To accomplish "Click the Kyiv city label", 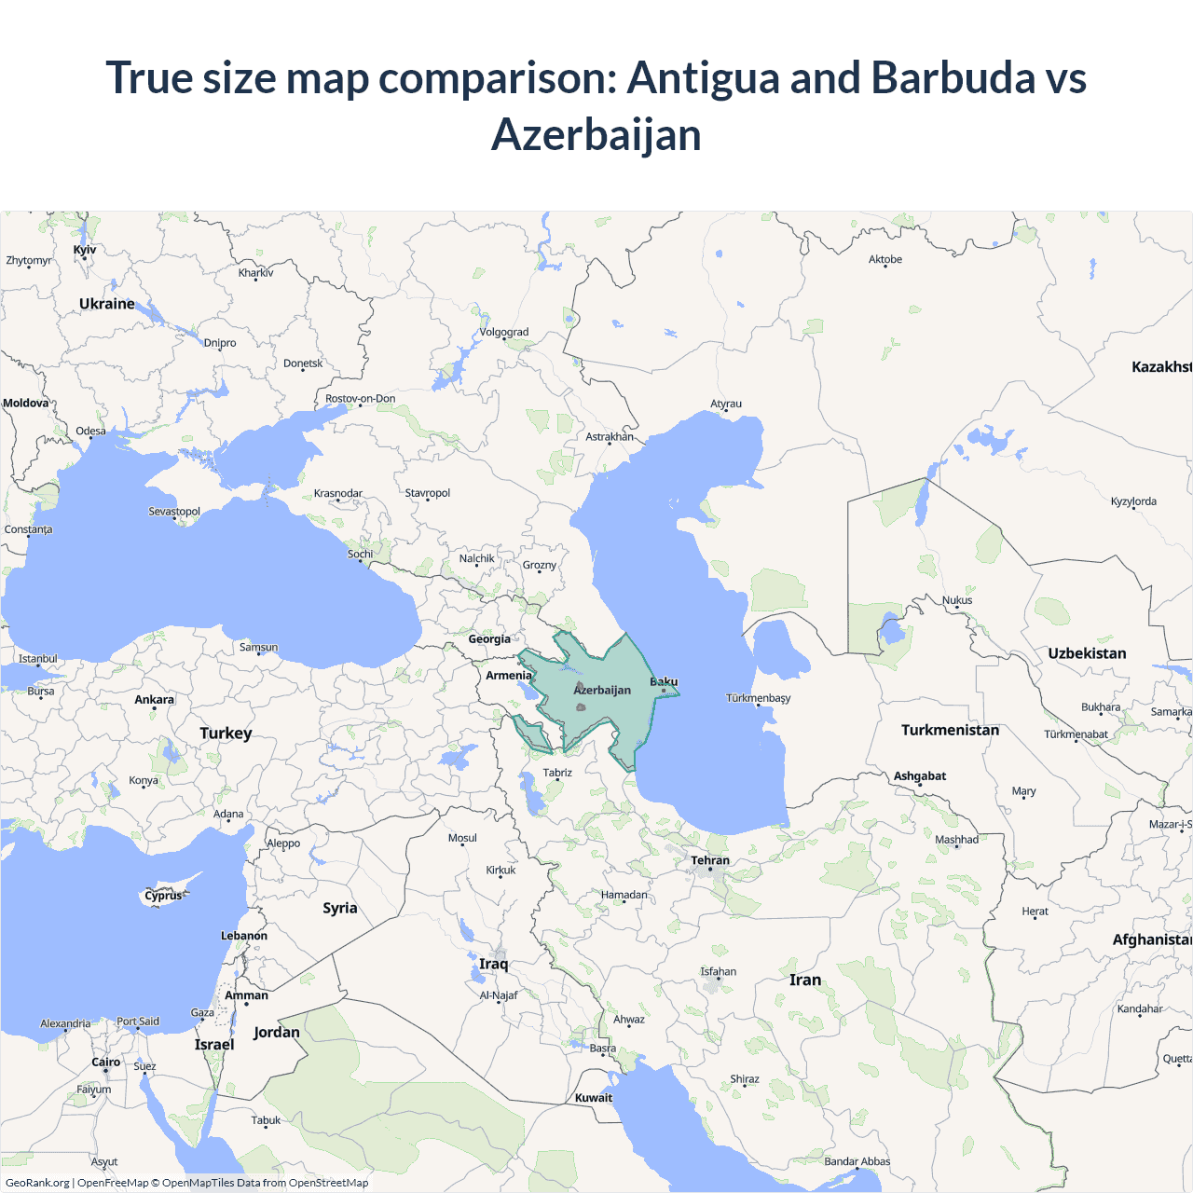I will (85, 250).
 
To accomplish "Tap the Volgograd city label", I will (504, 332).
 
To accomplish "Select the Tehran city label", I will (710, 860).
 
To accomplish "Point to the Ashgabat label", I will (920, 775).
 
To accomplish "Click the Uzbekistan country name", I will (1087, 653).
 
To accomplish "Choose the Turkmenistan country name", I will (950, 730).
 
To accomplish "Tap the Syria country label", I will (340, 908).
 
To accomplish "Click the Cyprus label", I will (163, 896).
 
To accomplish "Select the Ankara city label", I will (155, 699).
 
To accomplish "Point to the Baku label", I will (664, 681).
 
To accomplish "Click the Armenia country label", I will (509, 675).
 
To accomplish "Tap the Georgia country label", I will (489, 639).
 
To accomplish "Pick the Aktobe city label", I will (885, 259).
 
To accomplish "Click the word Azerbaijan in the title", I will (596, 135).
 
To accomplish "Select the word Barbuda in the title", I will (953, 77).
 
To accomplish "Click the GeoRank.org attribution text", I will (37, 1183).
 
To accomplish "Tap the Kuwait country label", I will (594, 1097).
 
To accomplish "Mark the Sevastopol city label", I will (174, 512).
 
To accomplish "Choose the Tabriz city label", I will (557, 773).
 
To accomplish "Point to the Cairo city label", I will (106, 1062).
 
